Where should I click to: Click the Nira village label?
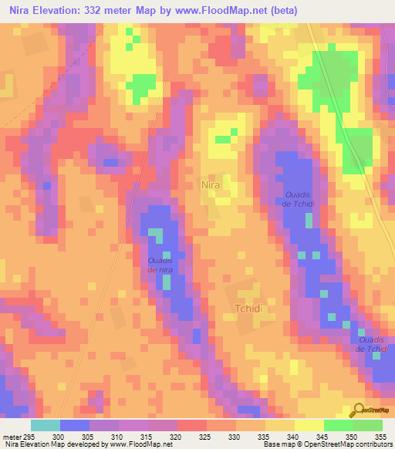coord(211,186)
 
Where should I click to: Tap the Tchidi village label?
coord(249,309)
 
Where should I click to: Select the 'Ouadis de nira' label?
coord(161,265)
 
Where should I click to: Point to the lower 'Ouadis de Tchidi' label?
coord(371,344)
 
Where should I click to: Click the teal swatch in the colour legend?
coord(46,425)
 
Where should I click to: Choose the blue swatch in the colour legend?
coord(75,425)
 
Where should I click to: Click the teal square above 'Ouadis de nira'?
coord(156,234)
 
